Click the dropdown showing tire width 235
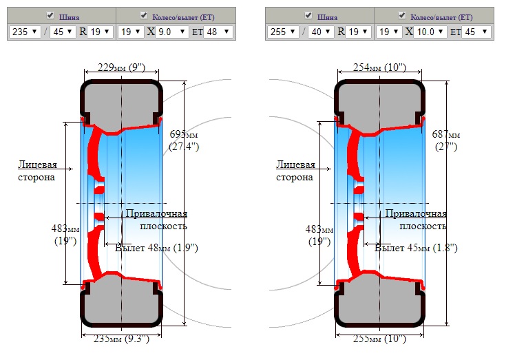(25, 32)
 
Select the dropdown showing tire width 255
(282, 32)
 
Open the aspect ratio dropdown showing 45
(63, 32)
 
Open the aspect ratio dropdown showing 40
(319, 32)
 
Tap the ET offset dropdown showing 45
(476, 32)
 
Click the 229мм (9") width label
(121, 67)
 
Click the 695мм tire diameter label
(184, 140)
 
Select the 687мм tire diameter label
(446, 140)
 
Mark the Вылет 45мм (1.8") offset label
(416, 248)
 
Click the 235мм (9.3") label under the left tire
(121, 339)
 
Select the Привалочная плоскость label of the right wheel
(415, 220)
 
